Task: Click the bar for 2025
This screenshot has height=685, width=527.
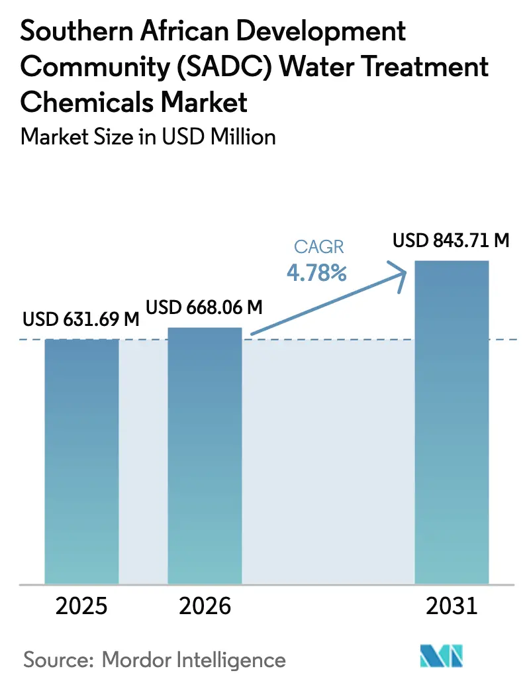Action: (81, 461)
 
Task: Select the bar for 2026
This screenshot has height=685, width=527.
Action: (205, 456)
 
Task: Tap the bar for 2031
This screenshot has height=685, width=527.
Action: (452, 422)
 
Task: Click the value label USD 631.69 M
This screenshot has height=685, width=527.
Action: (81, 319)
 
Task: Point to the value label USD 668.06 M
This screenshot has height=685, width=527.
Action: (204, 307)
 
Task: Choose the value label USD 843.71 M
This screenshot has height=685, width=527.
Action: (451, 240)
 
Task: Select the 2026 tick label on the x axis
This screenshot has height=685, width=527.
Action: (205, 606)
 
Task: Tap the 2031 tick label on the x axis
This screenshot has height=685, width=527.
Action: (452, 606)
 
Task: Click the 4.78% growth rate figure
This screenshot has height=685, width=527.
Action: (316, 273)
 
